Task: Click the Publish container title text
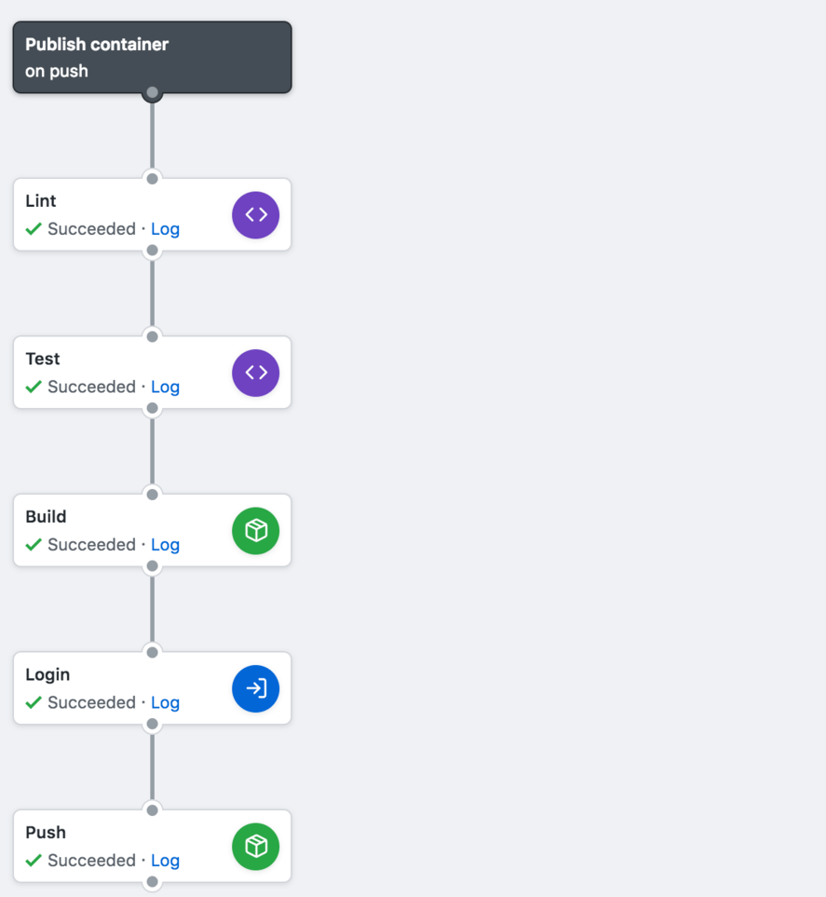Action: pos(97,45)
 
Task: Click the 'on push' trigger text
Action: pos(57,71)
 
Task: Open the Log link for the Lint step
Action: pos(165,229)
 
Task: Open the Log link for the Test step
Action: pos(165,387)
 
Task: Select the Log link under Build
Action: pos(165,545)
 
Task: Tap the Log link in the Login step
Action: pos(165,702)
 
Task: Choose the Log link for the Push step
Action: pos(165,861)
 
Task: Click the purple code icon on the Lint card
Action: pos(256,215)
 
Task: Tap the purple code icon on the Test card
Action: pos(256,373)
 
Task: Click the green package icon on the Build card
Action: pos(256,531)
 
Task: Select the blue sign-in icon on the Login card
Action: pos(256,688)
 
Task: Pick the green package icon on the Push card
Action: pos(256,847)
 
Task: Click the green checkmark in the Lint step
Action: pos(34,229)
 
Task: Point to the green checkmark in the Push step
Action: pos(34,861)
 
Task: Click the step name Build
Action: pos(46,517)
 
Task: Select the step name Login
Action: pos(47,674)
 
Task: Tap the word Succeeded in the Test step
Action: pos(91,387)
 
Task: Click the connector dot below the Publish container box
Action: pos(153,93)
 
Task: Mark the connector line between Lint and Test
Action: pos(153,293)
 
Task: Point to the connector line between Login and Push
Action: pos(153,767)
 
